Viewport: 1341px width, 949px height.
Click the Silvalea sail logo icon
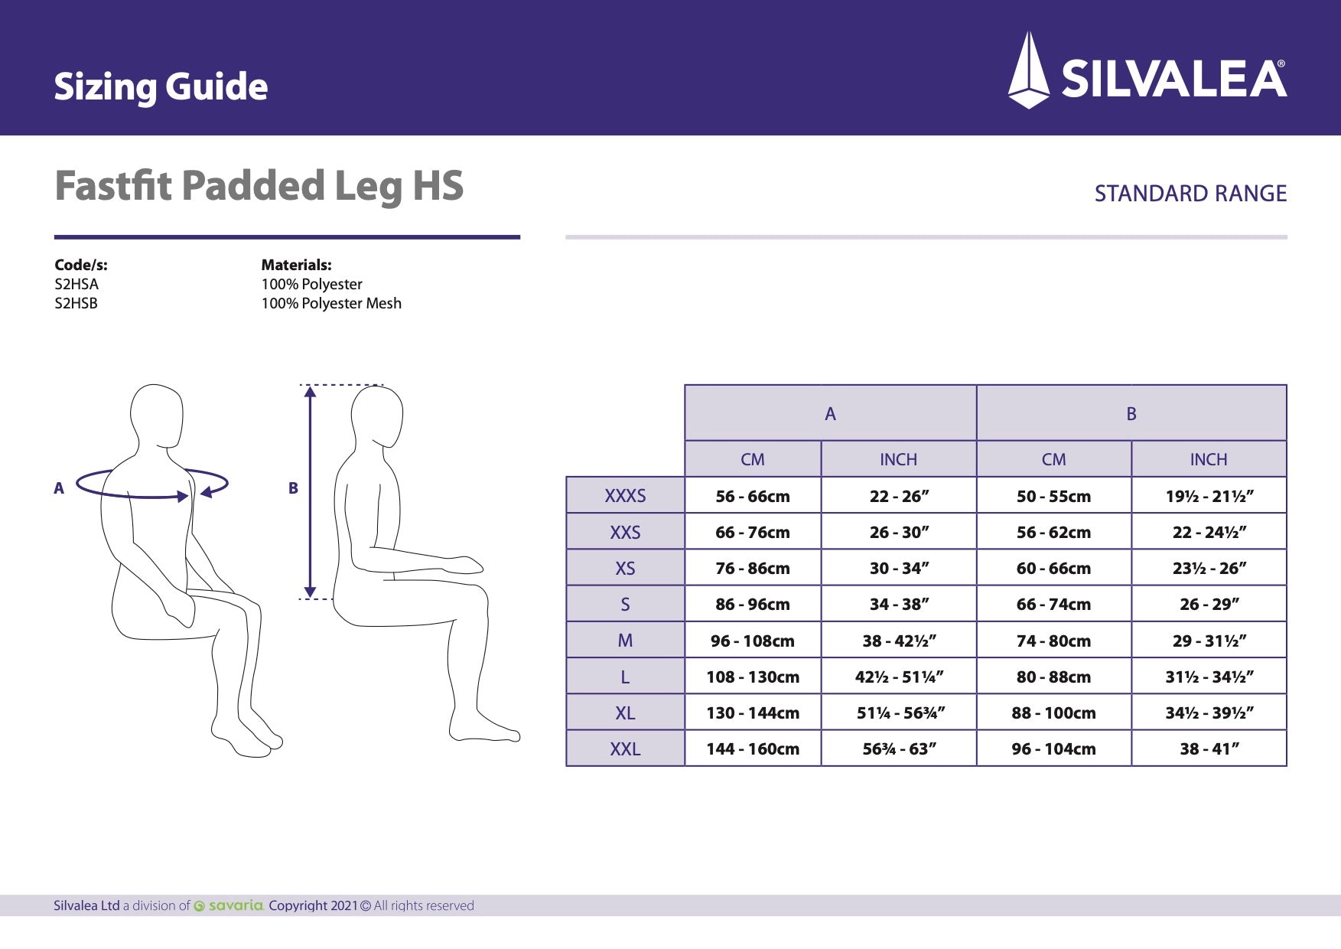tap(1029, 70)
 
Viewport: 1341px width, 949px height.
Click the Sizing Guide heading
tap(161, 86)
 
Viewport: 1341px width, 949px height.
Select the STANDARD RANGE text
tap(1190, 194)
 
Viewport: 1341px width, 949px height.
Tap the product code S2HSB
tap(76, 303)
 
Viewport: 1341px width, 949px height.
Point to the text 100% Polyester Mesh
tap(330, 303)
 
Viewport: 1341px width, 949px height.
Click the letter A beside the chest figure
tap(59, 488)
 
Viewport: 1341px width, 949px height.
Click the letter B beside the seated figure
tap(293, 488)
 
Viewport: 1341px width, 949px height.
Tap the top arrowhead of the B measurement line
tap(310, 392)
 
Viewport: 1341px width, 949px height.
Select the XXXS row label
tap(625, 496)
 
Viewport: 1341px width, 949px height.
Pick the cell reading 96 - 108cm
tap(752, 641)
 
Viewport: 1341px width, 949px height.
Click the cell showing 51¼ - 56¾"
tap(900, 713)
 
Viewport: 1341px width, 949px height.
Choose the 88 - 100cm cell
tap(1053, 713)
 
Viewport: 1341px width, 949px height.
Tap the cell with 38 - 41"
tap(1209, 748)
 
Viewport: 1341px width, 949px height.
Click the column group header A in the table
tap(830, 414)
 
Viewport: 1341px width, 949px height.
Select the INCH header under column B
tap(1208, 459)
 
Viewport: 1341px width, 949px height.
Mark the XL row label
tap(625, 713)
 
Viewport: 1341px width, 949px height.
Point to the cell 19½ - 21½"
tap(1209, 496)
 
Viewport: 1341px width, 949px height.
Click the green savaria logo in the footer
tap(229, 905)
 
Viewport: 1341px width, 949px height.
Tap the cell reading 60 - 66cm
tap(1053, 568)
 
